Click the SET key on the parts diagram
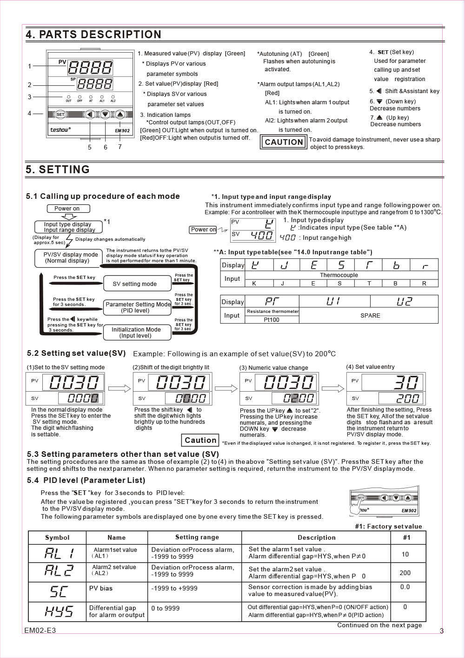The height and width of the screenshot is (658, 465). (x=60, y=115)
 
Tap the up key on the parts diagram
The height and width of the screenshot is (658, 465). (x=120, y=115)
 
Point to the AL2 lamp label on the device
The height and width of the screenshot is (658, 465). (x=113, y=101)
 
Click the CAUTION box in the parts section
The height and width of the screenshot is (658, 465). (x=284, y=142)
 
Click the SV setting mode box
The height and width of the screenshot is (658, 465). (x=135, y=284)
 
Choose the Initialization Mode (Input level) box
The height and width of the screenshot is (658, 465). (x=136, y=332)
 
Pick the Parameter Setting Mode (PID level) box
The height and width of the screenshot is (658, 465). (x=138, y=307)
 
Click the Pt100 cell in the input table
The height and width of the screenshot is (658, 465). (x=272, y=320)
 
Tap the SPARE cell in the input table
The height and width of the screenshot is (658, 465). (x=370, y=316)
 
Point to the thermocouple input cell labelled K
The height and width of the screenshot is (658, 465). (x=254, y=283)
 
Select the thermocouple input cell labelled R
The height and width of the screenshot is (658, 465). (x=424, y=283)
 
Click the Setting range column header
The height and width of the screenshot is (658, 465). (x=197, y=537)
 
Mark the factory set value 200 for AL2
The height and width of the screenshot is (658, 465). (x=405, y=573)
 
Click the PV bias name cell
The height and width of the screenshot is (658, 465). (x=101, y=589)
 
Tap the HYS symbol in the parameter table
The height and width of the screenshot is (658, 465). (x=59, y=611)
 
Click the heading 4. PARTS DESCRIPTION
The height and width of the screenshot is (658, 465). (x=93, y=34)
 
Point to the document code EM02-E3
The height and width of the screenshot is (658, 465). (x=40, y=631)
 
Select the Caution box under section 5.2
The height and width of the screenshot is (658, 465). (x=200, y=440)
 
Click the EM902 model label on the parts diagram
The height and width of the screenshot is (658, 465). (x=122, y=131)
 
